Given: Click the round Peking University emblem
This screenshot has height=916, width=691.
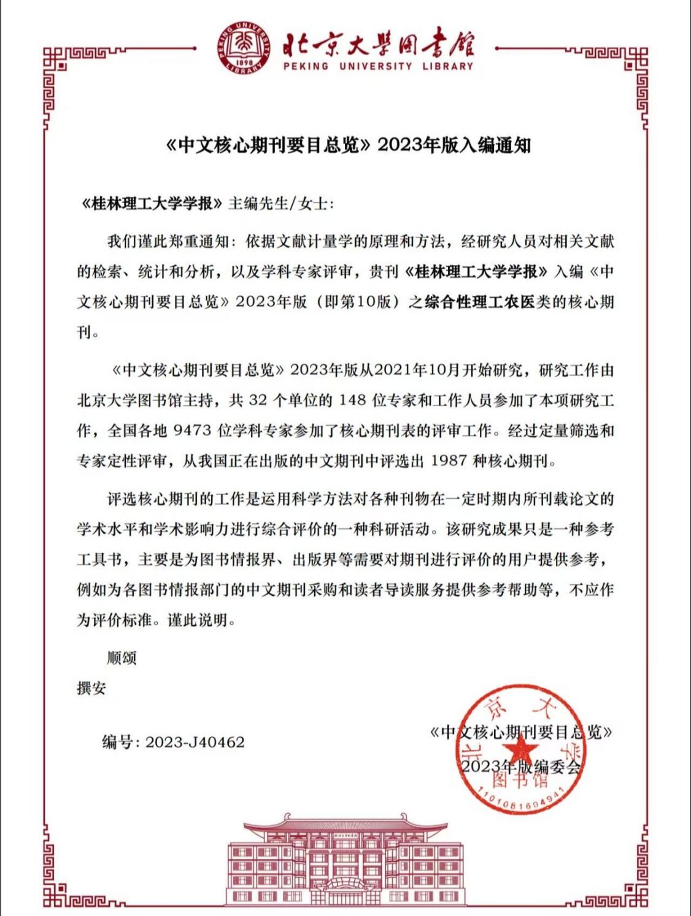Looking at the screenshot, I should (x=244, y=48).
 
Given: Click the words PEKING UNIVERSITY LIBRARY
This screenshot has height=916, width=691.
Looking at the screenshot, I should (x=378, y=66).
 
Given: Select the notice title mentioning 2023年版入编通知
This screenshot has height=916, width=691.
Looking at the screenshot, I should (x=348, y=145).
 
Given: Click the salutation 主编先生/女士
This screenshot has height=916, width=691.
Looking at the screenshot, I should (x=280, y=204).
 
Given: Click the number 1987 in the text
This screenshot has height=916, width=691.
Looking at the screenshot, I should (x=449, y=461).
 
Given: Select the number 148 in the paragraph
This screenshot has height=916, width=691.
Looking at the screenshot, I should (x=352, y=401).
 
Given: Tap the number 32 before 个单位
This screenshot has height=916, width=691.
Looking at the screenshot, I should (x=258, y=401).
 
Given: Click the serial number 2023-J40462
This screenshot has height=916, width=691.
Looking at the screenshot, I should (x=195, y=742).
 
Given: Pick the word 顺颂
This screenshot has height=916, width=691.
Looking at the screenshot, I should (x=122, y=658).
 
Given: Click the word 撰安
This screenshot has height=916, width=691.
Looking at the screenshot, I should (x=91, y=688).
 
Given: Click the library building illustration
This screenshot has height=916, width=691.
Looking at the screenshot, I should (x=345, y=859).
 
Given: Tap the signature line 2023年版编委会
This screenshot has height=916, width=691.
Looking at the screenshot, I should (x=520, y=766).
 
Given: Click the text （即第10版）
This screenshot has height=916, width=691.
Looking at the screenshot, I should (x=358, y=302).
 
